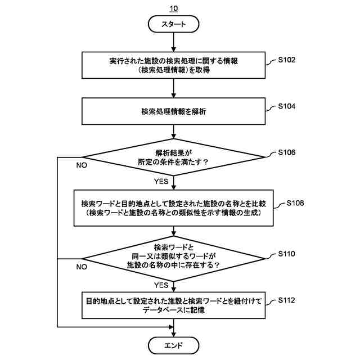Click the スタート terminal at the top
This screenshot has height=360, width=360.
coord(174,24)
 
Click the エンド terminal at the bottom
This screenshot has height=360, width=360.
coord(174,344)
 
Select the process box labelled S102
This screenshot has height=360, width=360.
coord(174,66)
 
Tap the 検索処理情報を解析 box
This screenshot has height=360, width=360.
coord(174,111)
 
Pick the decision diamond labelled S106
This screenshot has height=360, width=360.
coord(174,157)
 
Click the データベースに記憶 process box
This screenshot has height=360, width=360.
coord(174,305)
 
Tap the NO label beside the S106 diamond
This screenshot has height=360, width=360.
coord(82,165)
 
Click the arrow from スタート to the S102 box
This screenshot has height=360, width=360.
coord(174,43)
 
